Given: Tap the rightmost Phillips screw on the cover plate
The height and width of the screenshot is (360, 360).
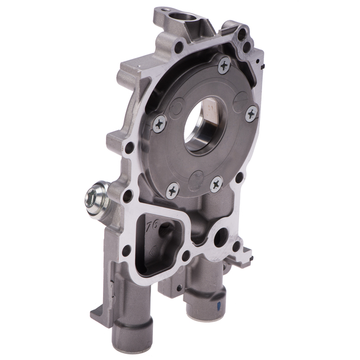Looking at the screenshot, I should click(x=252, y=113).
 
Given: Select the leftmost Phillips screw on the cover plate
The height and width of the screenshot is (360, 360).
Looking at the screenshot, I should click(x=160, y=123).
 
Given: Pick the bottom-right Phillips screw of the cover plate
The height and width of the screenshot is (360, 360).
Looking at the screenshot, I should click(x=217, y=183).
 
